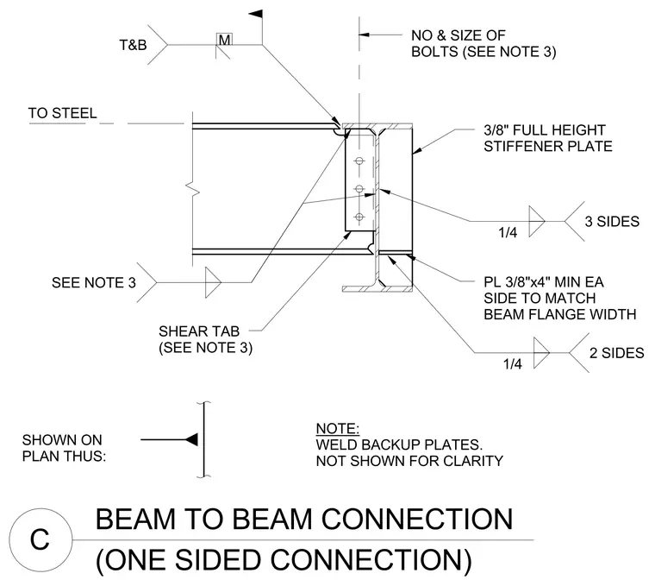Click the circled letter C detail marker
pyautogui.click(x=41, y=539)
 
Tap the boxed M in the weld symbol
pyautogui.click(x=224, y=40)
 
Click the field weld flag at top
pyautogui.click(x=256, y=14)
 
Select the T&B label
pyautogui.click(x=134, y=45)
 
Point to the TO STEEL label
pyautogui.click(x=62, y=113)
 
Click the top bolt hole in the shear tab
pyautogui.click(x=359, y=161)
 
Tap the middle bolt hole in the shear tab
pyautogui.click(x=359, y=189)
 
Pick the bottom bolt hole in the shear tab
pyautogui.click(x=359, y=217)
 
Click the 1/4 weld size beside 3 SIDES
pyautogui.click(x=508, y=232)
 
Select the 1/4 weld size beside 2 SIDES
pyautogui.click(x=512, y=364)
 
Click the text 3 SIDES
pyautogui.click(x=612, y=221)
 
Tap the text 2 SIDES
pyautogui.click(x=616, y=353)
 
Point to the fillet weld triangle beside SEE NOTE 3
pyautogui.click(x=212, y=283)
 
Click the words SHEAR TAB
pyautogui.click(x=199, y=331)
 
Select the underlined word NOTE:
pyautogui.click(x=338, y=429)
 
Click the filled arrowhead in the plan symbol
pyautogui.click(x=191, y=439)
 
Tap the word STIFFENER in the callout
pyautogui.click(x=516, y=147)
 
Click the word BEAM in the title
pyautogui.click(x=135, y=519)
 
